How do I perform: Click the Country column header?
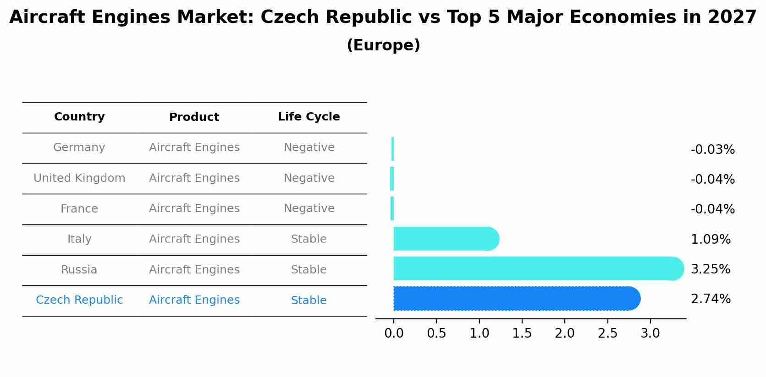[x=79, y=117]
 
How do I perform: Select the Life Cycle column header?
[x=309, y=117]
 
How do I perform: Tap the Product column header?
[x=194, y=117]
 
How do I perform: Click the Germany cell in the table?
[x=79, y=148]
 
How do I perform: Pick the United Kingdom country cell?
[x=79, y=178]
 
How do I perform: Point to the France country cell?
[x=79, y=209]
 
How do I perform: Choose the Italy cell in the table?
[x=79, y=239]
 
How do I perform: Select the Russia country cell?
[x=79, y=270]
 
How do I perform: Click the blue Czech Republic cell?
[x=79, y=300]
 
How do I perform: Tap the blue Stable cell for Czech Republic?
[x=309, y=301]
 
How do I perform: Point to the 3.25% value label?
[x=710, y=269]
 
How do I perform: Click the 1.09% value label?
[x=710, y=240]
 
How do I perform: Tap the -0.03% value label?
[x=712, y=150]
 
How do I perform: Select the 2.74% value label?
[x=710, y=299]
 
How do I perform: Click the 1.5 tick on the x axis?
[x=522, y=333]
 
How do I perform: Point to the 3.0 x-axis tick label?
[x=650, y=333]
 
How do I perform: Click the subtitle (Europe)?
[x=383, y=45]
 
